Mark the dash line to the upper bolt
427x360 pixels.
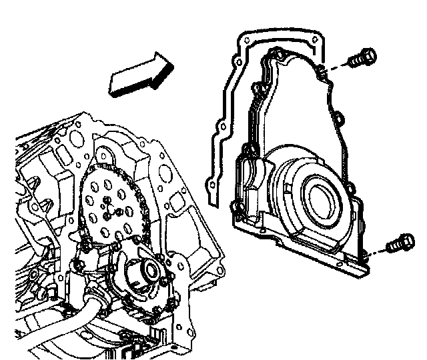[x=337, y=65]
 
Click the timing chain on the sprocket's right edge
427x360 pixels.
[x=137, y=200]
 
